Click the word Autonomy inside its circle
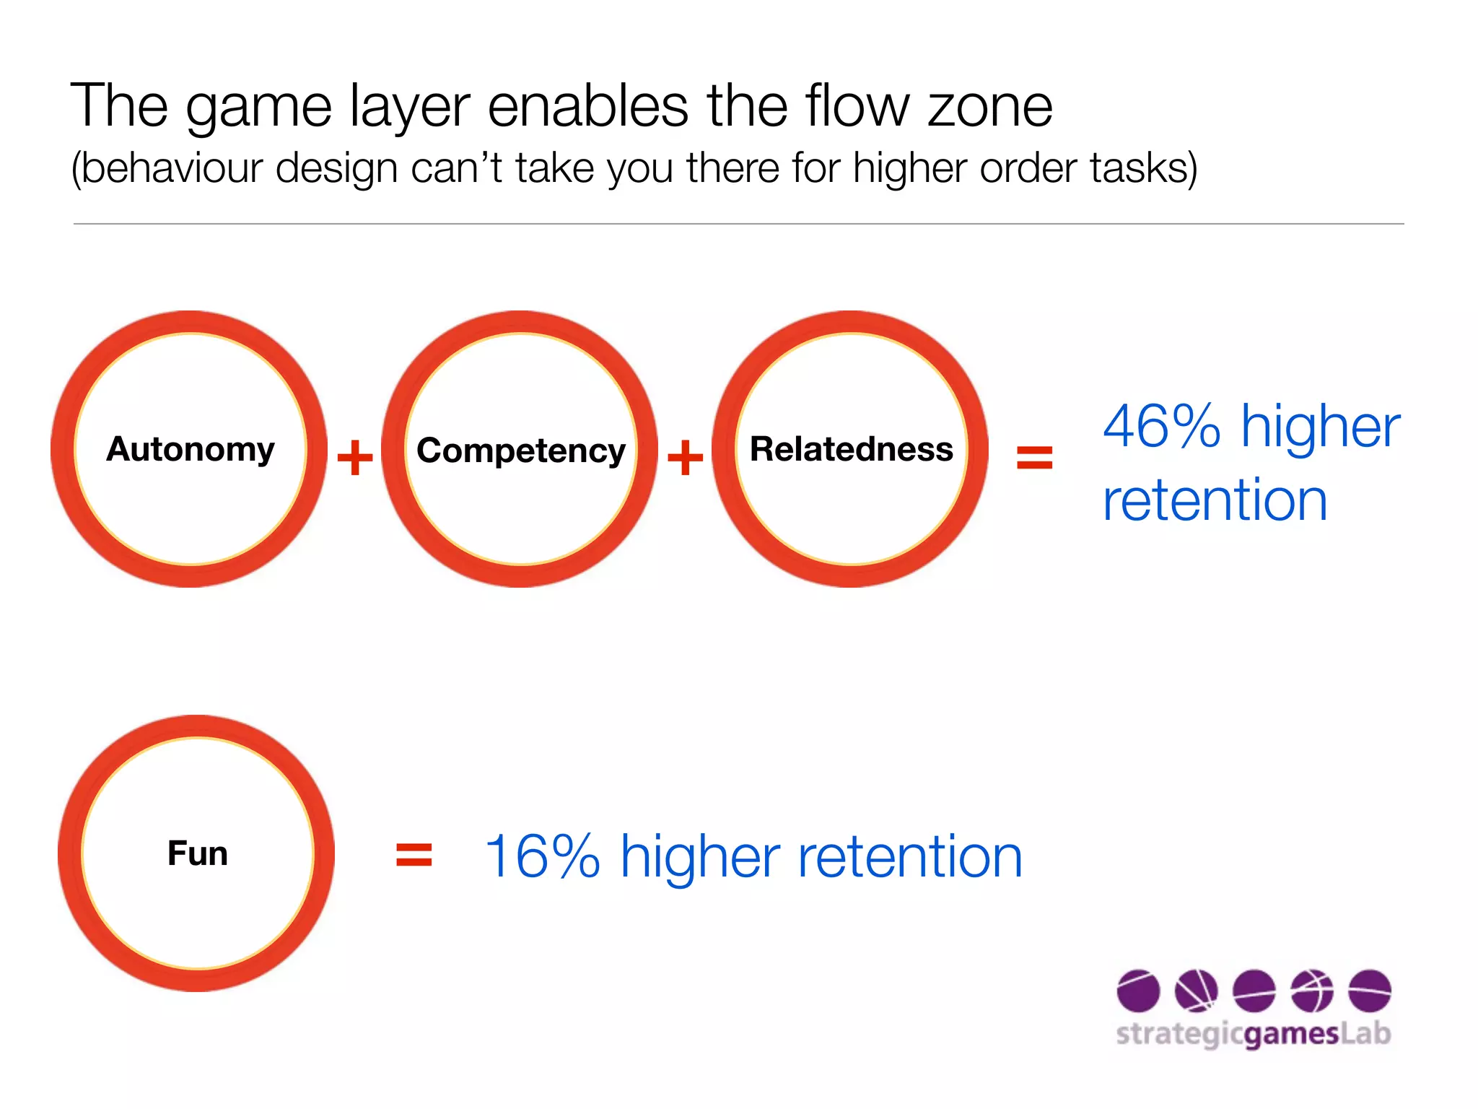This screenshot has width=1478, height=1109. tap(191, 450)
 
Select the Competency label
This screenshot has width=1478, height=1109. tap(521, 451)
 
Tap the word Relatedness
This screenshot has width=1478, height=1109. tap(852, 450)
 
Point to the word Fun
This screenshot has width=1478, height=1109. tap(198, 853)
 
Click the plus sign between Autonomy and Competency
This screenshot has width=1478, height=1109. tap(355, 457)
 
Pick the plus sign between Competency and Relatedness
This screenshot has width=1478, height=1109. tap(685, 457)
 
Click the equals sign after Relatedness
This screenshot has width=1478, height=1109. tap(1034, 457)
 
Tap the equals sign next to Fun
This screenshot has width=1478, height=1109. tap(414, 855)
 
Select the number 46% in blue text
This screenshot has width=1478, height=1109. tap(1161, 427)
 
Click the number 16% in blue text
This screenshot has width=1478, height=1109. tap(542, 857)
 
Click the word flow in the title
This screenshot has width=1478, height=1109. tap(858, 106)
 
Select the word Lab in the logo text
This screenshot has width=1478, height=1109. tap(1365, 1033)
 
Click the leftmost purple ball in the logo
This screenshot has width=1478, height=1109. tap(1138, 991)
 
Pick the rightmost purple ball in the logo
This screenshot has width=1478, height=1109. tap(1369, 991)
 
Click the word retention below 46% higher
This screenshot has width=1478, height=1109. tap(1215, 500)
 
